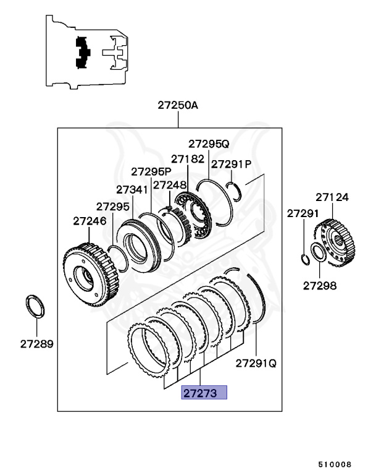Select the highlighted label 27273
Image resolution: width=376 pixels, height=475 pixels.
pos(204,392)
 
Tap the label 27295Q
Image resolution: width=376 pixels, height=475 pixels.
pos(209,143)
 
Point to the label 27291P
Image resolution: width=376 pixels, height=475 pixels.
pos(232,164)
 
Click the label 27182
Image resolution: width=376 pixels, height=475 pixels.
pos(188,159)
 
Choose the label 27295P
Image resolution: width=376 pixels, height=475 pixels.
pos(151,171)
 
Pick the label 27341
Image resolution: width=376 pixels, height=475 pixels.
pos(132,189)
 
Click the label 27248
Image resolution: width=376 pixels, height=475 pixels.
pos(170,184)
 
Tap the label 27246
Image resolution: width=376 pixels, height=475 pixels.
pos(90,220)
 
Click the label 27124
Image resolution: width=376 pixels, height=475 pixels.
pos(332,198)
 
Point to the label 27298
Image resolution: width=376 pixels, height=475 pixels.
pos(320,285)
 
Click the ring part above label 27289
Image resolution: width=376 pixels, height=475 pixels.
pos(36,307)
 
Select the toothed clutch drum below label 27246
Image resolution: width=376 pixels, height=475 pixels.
pos(90,272)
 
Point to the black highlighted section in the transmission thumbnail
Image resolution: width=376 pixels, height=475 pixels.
pos(81,53)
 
